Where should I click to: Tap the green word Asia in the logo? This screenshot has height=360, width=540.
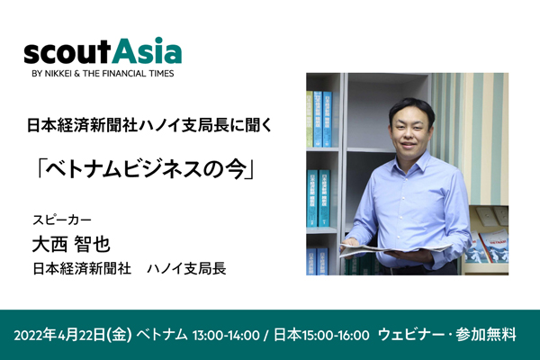pyautogui.click(x=147, y=50)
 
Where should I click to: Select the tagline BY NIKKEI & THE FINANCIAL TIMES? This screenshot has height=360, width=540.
pyautogui.click(x=103, y=74)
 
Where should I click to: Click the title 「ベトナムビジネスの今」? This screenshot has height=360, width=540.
pyautogui.click(x=145, y=169)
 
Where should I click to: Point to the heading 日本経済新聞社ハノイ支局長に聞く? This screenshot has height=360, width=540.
pyautogui.click(x=149, y=126)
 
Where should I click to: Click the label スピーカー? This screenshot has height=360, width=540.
pyautogui.click(x=62, y=220)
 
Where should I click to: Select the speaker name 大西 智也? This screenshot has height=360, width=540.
pyautogui.click(x=71, y=244)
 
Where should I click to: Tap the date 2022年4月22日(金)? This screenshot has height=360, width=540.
pyautogui.click(x=73, y=335)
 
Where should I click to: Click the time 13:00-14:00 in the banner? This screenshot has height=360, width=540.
pyautogui.click(x=226, y=335)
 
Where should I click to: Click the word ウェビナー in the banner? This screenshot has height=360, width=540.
pyautogui.click(x=412, y=335)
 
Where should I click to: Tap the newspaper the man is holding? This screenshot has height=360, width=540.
pyautogui.click(x=395, y=250)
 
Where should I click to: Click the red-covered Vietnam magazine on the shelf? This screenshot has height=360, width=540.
pyautogui.click(x=493, y=247)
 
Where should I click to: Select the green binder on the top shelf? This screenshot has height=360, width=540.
pyautogui.click(x=310, y=119)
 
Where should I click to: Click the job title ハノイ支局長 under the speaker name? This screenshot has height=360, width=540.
pyautogui.click(x=186, y=269)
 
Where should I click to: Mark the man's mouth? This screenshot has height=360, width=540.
pyautogui.click(x=409, y=144)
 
